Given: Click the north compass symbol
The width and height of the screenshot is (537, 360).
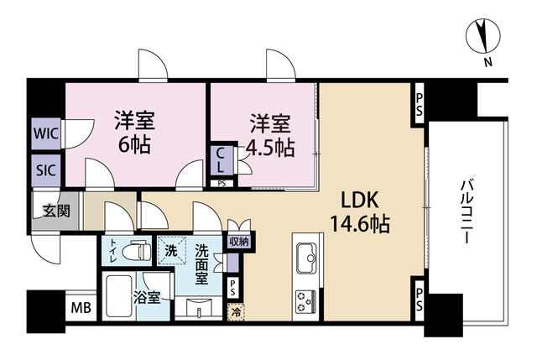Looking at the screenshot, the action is click(483, 37).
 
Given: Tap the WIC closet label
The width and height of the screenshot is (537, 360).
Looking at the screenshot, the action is click(46, 133).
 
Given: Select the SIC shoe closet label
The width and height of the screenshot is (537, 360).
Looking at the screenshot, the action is click(46, 170).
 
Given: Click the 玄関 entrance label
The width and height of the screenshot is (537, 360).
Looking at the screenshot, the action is click(57, 211).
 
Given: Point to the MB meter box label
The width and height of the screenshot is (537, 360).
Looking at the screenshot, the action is click(81, 308).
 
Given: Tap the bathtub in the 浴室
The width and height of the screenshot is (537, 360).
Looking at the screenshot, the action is click(119, 296).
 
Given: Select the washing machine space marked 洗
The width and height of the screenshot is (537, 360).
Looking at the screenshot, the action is click(171, 251).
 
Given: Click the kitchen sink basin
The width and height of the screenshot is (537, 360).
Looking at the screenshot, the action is click(307, 258).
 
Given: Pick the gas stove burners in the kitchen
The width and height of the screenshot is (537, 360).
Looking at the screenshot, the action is click(305, 300).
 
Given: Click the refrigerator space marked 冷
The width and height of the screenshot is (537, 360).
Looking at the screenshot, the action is click(236, 312).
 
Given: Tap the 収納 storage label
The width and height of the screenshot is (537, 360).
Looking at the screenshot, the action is click(239, 242).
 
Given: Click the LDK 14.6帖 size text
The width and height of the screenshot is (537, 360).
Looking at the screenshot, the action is click(360, 213).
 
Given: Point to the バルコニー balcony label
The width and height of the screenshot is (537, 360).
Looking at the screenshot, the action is click(466, 213).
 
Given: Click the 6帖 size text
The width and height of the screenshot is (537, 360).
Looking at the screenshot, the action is click(134, 146).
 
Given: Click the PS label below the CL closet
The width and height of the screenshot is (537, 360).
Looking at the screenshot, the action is click(222, 184).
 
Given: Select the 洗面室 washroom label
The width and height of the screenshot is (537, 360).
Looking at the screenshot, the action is click(201, 264).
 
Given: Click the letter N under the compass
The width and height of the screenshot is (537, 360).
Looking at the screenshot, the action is click(488, 62).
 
